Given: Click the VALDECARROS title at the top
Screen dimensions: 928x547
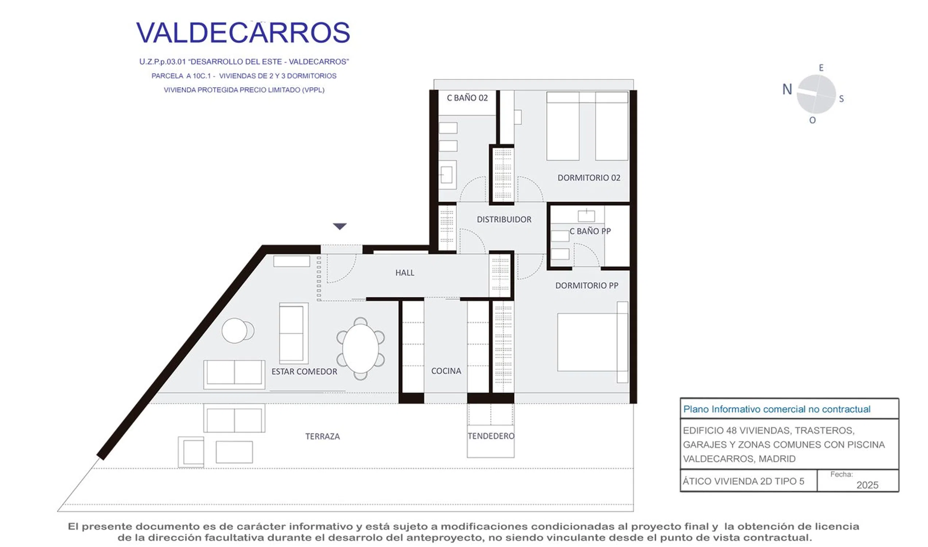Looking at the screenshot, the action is point(243,32).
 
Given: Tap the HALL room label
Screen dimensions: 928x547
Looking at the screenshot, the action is point(405,273).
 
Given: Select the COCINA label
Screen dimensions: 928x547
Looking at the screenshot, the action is point(446,371).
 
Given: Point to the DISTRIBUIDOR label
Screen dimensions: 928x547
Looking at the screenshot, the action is point(504,219).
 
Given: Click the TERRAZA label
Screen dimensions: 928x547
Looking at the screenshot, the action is point(322,437).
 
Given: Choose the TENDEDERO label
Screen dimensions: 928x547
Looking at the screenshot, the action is point(491,436).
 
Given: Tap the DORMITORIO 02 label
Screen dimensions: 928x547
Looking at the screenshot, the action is point(589,178).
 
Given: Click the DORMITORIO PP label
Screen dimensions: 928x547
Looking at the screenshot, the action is point(587,285).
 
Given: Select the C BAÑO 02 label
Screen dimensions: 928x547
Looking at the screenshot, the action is point(467,98).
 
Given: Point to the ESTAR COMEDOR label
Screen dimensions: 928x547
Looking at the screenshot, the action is point(304,372).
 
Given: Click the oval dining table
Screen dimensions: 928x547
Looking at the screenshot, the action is point(360,349).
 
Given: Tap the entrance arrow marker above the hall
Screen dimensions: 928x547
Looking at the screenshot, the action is point(340,226).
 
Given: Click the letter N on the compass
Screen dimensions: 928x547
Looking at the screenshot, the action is point(787,89).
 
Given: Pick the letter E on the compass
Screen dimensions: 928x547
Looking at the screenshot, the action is point(821,68).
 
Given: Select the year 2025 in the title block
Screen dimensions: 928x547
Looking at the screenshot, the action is point(867,485).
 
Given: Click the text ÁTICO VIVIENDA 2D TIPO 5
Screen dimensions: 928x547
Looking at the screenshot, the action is point(743,481).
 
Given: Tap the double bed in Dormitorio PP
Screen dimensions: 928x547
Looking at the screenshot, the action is point(593,342).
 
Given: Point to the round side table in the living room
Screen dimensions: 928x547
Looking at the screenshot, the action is point(234,331).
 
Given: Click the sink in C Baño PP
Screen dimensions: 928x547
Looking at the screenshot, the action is point(586,215).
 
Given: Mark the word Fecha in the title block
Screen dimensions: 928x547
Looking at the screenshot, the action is point(841,474).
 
